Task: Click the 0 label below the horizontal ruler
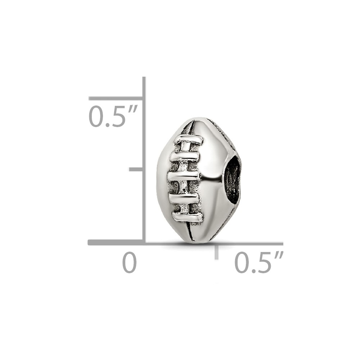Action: pos(130,262)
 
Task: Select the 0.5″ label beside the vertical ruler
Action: pos(113,116)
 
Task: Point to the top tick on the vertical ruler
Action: pos(116,99)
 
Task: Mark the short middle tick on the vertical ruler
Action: pos(136,169)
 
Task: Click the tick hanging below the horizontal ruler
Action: pos(216,252)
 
